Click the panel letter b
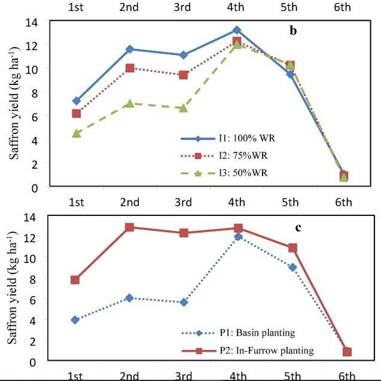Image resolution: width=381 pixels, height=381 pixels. pos(293,31)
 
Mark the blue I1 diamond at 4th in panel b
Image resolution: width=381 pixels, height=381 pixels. pos(237,30)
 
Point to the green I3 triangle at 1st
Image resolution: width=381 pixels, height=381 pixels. pos(76,133)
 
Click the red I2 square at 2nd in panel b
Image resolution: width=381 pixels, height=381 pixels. pos(130,68)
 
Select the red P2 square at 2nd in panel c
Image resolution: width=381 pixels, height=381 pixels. pos(129,227)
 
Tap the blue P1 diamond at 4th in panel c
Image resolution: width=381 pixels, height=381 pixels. pos(238,237)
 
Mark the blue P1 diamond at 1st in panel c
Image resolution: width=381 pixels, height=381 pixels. pos(75,320)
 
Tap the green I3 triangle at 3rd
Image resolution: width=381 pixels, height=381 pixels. pos(184,108)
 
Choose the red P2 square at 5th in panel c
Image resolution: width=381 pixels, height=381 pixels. pos(292,248)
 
